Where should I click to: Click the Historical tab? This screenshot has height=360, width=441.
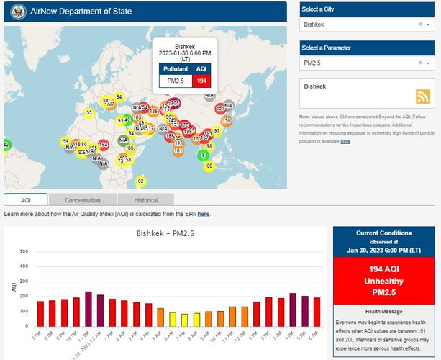(146, 200)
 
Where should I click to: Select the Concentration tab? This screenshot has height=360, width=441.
(82, 200)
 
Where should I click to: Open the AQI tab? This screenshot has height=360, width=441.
(26, 200)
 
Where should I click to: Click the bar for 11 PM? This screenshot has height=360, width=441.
(88, 309)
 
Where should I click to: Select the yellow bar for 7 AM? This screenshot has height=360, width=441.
(184, 320)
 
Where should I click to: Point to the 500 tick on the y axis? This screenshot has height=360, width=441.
(24, 252)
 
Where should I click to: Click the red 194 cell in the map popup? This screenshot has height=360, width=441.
(201, 81)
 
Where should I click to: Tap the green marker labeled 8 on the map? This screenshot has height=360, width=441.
(203, 155)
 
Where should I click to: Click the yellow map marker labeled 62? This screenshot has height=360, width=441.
(140, 181)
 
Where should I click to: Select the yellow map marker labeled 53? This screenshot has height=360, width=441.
(89, 112)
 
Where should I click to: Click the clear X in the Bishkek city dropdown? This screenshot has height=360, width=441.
(420, 24)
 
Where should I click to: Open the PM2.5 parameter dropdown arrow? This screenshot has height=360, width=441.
(429, 63)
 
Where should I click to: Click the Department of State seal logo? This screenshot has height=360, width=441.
(17, 12)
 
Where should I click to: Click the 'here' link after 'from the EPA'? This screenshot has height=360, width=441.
(204, 215)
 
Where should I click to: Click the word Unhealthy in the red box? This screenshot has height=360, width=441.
(383, 281)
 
